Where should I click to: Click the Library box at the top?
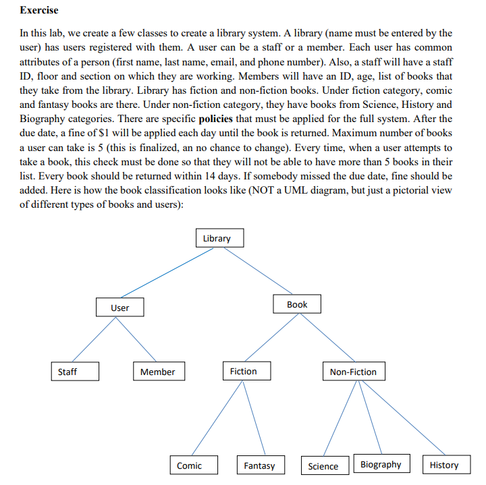pyautogui.click(x=216, y=238)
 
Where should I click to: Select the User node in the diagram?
pyautogui.click(x=119, y=308)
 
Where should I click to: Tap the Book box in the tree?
pyautogui.click(x=297, y=305)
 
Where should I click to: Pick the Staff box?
pyautogui.click(x=75, y=372)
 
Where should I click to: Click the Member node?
pyautogui.click(x=157, y=372)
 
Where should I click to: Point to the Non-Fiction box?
pyautogui.click(x=353, y=372)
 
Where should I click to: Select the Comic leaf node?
pyautogui.click(x=194, y=465)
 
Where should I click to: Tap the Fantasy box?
pyautogui.click(x=259, y=465)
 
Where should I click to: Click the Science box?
pyautogui.click(x=323, y=465)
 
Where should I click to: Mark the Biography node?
pyautogui.click(x=381, y=464)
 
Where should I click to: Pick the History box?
pyautogui.click(x=443, y=465)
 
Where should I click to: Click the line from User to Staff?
pyautogui.click(x=94, y=339)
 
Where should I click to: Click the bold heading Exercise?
pyautogui.click(x=39, y=10)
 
